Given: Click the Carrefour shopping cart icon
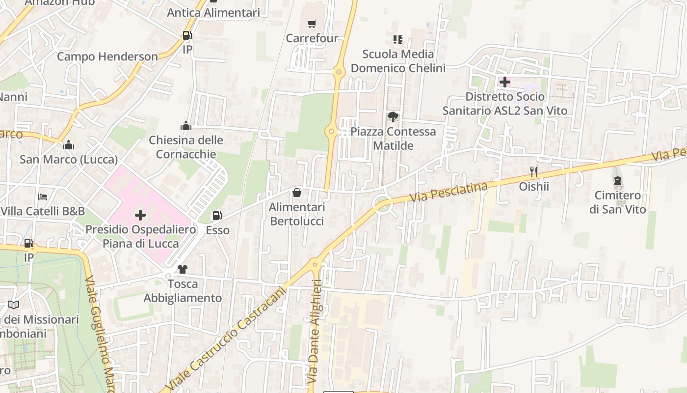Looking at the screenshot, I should (312, 24).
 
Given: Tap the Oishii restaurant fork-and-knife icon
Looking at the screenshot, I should (534, 172).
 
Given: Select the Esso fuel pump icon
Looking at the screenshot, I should (217, 216).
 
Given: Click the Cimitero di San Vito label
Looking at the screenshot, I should (618, 202).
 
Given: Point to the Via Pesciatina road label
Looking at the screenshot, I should (449, 192).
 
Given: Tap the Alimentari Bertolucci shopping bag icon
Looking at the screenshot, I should (297, 193).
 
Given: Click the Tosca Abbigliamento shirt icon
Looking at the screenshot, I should (183, 269).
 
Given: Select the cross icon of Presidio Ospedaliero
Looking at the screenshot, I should (140, 215).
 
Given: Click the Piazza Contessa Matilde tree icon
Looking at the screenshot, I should (393, 117).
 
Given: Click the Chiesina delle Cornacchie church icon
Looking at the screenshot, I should (185, 126).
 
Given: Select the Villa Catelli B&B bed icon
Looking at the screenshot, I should (43, 197).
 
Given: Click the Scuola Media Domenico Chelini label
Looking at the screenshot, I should (398, 61).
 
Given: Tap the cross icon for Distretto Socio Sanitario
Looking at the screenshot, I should (504, 82).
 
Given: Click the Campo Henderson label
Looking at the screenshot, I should (107, 56).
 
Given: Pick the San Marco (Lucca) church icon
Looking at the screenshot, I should (69, 145).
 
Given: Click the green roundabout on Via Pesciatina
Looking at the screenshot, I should (382, 204).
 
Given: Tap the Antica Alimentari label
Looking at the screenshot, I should (213, 13).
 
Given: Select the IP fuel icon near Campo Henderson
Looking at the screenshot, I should (187, 35).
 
